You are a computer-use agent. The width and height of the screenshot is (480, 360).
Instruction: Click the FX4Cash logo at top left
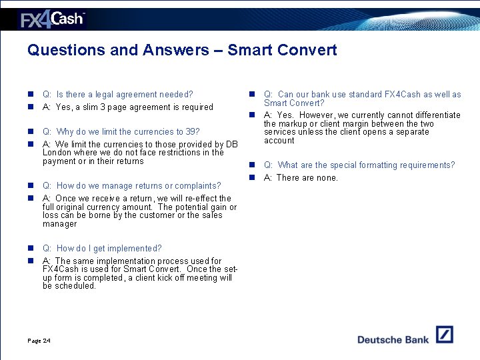(x=52, y=19)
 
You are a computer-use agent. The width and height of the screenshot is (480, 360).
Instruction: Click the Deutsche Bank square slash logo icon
(x=444, y=335)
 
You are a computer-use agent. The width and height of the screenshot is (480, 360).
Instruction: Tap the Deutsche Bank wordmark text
(x=393, y=339)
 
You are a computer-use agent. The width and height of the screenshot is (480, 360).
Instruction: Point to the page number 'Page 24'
(x=39, y=341)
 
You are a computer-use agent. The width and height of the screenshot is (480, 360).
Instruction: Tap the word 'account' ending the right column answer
(x=279, y=141)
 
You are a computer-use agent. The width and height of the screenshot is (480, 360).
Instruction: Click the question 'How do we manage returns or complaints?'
(x=131, y=186)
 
